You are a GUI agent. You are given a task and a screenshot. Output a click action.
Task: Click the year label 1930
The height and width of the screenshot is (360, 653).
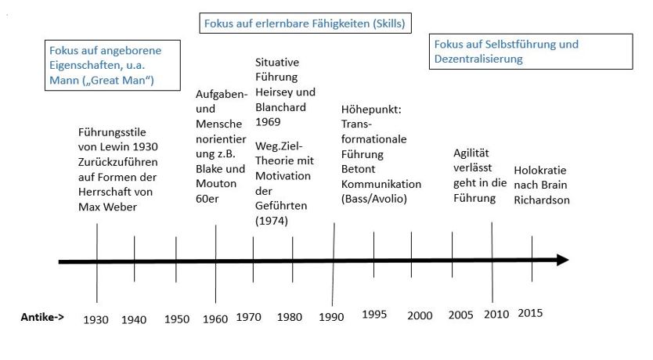97,319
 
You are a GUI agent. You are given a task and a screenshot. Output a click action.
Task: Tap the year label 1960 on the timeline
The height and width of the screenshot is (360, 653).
215,319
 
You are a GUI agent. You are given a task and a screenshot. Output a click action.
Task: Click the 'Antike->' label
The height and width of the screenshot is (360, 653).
42,319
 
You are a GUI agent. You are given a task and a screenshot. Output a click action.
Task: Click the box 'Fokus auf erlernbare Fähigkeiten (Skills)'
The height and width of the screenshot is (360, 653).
305,23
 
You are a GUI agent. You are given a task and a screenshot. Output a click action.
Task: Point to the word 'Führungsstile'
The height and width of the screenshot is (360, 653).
113,131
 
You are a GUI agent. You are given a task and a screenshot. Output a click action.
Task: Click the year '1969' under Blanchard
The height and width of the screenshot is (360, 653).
269,122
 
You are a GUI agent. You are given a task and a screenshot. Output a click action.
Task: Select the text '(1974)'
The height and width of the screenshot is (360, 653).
272,221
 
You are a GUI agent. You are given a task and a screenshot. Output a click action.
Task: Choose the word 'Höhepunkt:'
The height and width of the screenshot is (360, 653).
371,110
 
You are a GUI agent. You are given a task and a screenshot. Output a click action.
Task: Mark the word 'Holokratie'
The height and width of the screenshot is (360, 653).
539,170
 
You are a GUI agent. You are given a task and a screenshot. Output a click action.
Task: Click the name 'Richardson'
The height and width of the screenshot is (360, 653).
542,200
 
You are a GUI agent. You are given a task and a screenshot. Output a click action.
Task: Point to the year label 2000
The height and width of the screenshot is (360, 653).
420,315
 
